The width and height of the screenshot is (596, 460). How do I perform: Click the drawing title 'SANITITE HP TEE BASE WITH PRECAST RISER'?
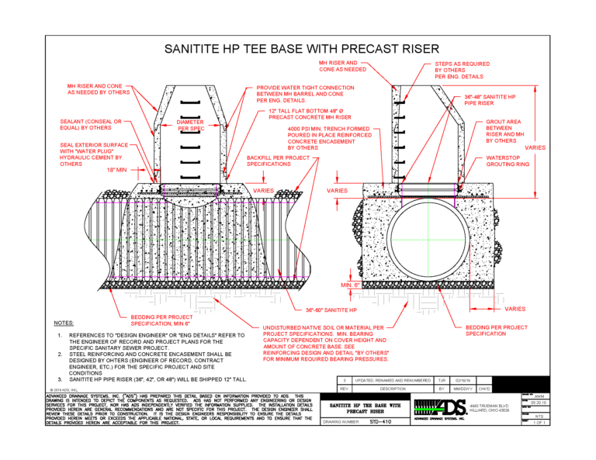pyautogui.click(x=297, y=48)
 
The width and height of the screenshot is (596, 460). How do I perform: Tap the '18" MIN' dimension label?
pyautogui.click(x=95, y=168)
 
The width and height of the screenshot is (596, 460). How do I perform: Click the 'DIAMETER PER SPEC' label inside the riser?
pyautogui.click(x=190, y=125)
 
